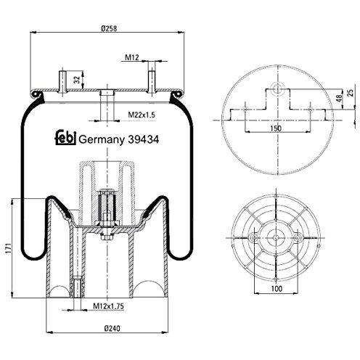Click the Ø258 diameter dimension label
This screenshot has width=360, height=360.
(x=109, y=28)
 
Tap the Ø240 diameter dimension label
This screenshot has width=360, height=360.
(x=112, y=328)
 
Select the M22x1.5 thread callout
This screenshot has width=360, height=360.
(x=142, y=115)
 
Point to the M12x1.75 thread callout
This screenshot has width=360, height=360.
(x=108, y=306)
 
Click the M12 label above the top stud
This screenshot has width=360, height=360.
(x=132, y=57)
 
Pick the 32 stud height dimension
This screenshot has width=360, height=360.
(x=77, y=80)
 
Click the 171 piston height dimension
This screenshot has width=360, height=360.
(x=8, y=248)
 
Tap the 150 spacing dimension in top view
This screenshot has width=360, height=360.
(x=276, y=128)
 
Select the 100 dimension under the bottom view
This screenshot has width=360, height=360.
(x=277, y=288)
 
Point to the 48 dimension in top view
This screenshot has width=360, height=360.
(x=340, y=98)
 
